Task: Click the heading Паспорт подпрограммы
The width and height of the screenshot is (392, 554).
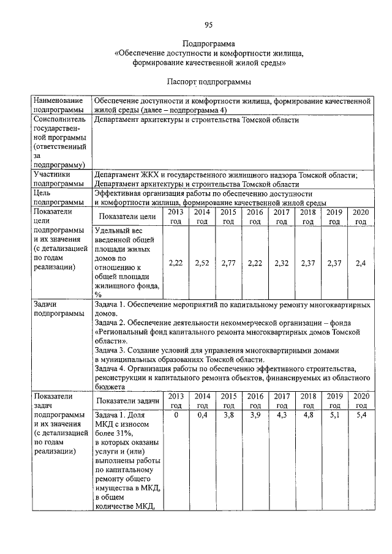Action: click(x=208, y=81)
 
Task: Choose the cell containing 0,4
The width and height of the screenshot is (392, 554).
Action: click(x=202, y=415)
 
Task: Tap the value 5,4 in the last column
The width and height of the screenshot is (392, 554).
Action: click(x=361, y=415)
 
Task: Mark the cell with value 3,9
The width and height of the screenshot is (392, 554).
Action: click(x=255, y=415)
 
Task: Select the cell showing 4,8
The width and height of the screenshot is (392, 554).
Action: click(x=307, y=415)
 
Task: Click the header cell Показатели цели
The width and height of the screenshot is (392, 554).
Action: click(x=127, y=216)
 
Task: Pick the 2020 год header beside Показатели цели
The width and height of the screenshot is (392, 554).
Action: click(x=361, y=216)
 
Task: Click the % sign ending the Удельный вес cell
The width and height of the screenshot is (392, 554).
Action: click(x=98, y=294)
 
